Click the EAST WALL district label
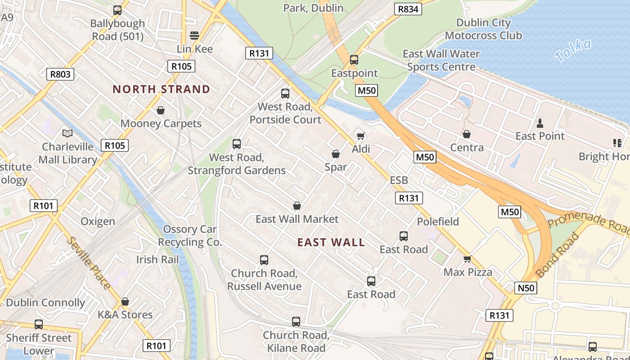331,243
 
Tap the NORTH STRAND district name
161,89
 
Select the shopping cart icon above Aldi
360,135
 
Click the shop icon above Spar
335,154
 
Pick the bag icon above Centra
467,134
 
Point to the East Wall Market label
297,219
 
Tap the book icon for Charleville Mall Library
67,133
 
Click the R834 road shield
408,9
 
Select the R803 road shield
60,74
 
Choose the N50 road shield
526,288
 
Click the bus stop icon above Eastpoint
354,59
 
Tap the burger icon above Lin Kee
194,35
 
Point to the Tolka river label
572,50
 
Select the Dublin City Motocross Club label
483,29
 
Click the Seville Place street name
89,262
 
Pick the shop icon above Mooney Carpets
161,110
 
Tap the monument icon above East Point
540,122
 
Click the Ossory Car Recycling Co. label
190,235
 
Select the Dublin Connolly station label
45,303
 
